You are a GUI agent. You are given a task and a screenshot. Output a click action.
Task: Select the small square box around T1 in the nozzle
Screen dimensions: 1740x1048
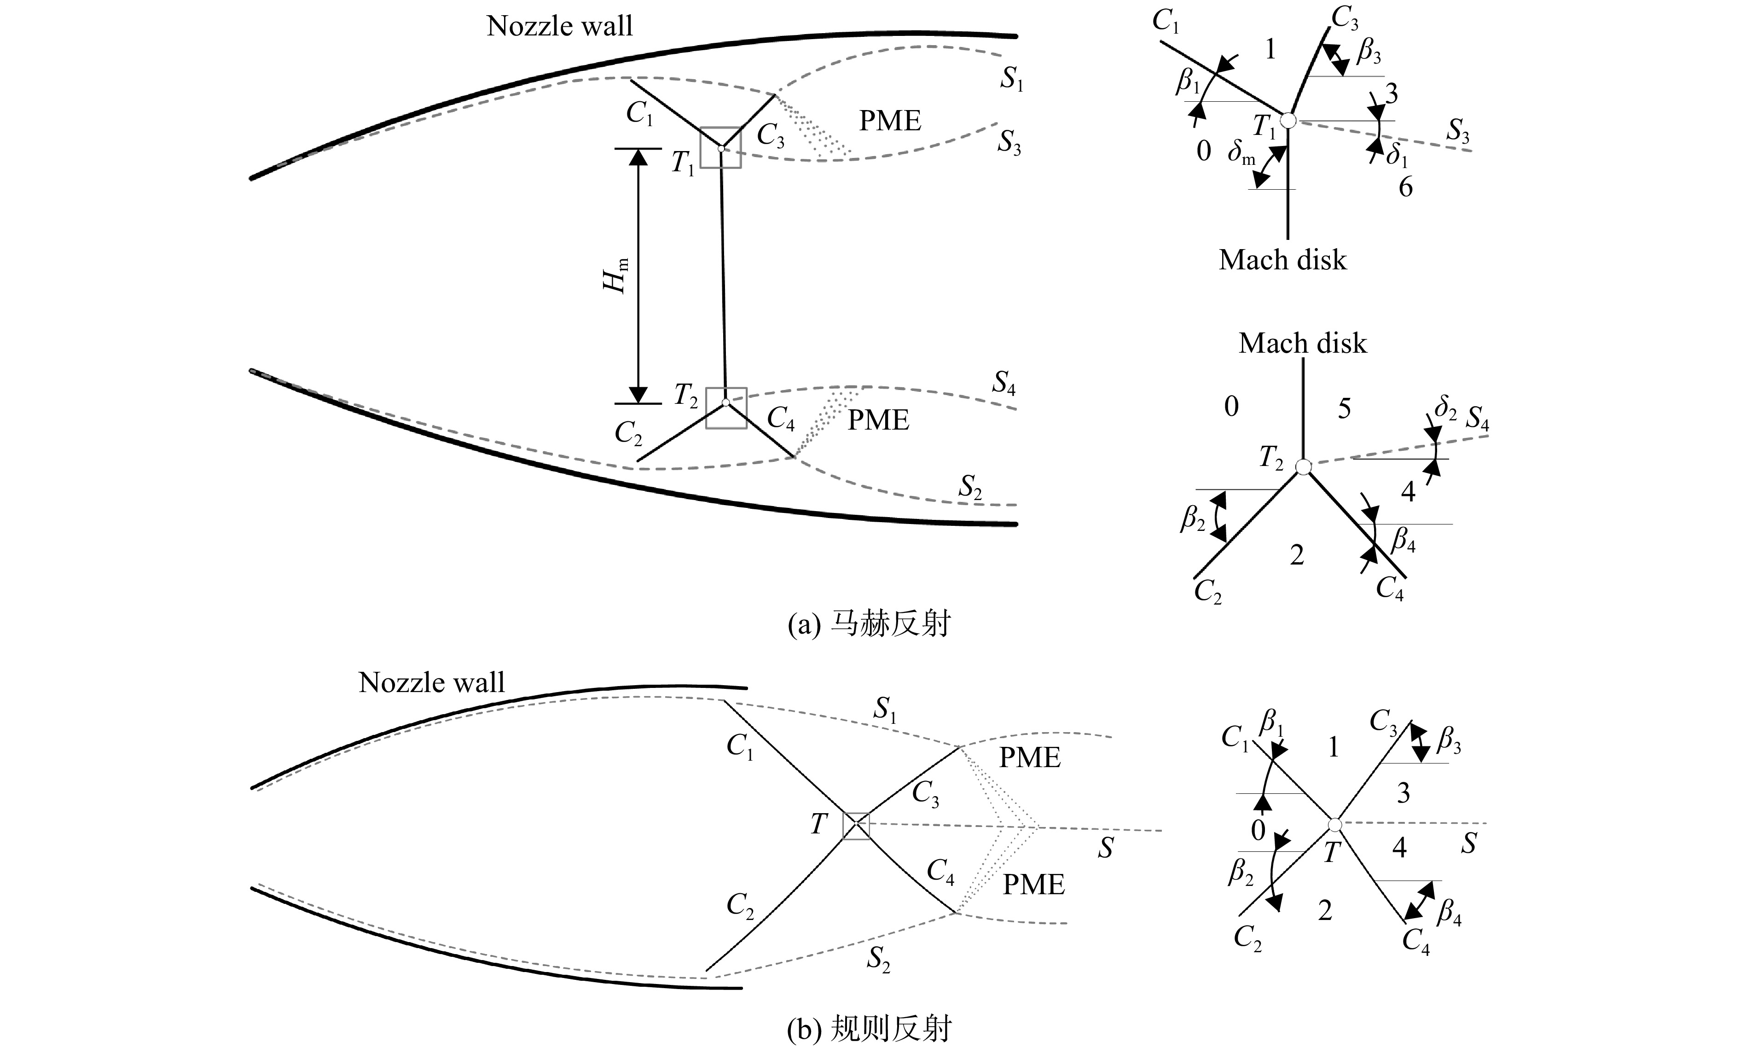click(721, 148)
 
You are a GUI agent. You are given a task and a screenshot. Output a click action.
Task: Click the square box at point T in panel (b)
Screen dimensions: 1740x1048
click(856, 826)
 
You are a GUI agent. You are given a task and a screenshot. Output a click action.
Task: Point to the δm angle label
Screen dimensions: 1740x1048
click(1241, 154)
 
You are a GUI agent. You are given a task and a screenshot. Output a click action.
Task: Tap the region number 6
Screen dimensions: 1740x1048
click(1405, 188)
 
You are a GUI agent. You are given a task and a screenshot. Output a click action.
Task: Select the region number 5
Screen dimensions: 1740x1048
click(1345, 409)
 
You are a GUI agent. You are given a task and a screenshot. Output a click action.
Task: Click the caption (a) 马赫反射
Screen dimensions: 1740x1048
click(869, 624)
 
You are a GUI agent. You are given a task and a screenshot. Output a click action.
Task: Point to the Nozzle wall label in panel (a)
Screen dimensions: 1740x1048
click(560, 26)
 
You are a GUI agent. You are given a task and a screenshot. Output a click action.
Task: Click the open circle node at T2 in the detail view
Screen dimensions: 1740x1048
click(1303, 467)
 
